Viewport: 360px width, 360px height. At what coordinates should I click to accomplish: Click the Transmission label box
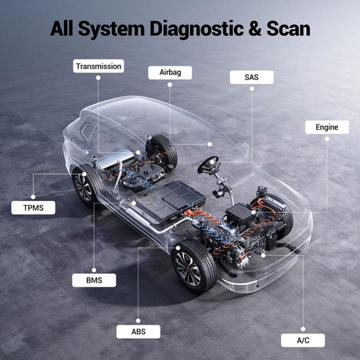(x=99, y=66)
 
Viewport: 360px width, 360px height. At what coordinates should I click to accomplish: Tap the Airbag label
(x=170, y=73)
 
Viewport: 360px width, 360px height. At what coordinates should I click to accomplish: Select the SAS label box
(x=252, y=77)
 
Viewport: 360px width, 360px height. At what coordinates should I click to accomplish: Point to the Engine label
(x=327, y=128)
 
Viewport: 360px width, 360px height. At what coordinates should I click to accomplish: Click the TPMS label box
(x=33, y=207)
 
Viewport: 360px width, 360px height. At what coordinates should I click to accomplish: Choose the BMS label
(x=94, y=280)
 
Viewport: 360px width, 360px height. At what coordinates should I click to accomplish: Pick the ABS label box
(x=139, y=332)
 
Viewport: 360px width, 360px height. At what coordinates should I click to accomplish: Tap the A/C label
(x=303, y=340)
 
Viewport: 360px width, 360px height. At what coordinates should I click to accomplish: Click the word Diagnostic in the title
(x=196, y=29)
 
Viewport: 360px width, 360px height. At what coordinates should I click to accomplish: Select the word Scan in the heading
(x=288, y=29)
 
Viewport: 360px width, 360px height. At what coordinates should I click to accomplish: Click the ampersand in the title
(x=255, y=29)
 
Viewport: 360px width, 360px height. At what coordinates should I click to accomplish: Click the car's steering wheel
(x=208, y=164)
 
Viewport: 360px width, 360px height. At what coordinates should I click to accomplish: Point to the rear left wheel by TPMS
(x=84, y=184)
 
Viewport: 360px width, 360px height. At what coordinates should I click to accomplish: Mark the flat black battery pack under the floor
(x=171, y=200)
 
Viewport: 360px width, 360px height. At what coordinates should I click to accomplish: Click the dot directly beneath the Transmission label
(x=98, y=77)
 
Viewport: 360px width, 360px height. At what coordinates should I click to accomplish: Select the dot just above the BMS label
(x=94, y=270)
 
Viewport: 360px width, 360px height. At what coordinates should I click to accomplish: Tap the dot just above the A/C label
(x=303, y=329)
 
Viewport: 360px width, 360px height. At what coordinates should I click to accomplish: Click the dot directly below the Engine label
(x=327, y=139)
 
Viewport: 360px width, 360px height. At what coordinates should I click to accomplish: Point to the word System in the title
(x=111, y=29)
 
